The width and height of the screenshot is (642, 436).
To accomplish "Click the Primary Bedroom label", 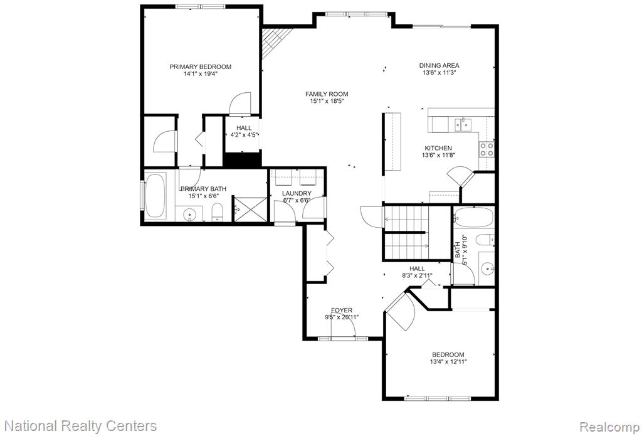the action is tap(200, 66).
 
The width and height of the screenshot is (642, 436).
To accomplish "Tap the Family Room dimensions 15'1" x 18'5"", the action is tap(326, 101).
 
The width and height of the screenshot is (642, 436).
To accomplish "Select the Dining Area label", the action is tap(439, 65).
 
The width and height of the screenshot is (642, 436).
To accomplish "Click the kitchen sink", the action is tap(462, 125).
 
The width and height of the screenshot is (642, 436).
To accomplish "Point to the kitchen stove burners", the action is tap(487, 149).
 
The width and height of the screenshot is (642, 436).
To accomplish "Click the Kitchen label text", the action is tap(438, 148).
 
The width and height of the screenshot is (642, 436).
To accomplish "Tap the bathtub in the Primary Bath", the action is tap(155, 195).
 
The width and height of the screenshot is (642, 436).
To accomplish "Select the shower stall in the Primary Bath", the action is tap(250, 210).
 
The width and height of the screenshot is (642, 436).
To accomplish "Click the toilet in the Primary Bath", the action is tap(217, 212).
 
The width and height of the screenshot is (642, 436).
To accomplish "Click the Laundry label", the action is tap(297, 193).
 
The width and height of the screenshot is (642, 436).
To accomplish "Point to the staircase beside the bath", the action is tap(406, 232).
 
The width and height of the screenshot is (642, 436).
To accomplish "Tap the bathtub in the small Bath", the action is tap(473, 218).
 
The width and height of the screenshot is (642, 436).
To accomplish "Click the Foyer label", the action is tap(342, 310).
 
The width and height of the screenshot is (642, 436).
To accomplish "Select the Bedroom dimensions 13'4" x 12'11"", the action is tap(448, 362).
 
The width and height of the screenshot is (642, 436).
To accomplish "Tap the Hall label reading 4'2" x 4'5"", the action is tap(244, 134).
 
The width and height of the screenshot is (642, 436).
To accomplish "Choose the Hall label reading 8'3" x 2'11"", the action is tap(417, 276).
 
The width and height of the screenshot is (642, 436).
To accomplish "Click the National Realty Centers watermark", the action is tap(83, 426).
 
